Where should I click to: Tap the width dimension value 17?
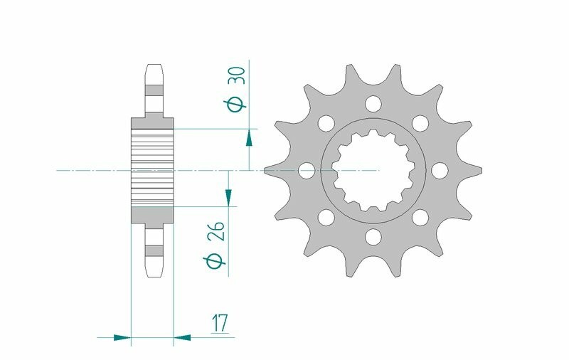point(218,324)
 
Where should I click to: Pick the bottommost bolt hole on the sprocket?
point(371,235)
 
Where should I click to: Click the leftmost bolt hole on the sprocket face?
point(307,170)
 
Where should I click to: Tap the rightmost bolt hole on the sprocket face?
point(439,170)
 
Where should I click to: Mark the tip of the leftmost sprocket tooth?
point(266,170)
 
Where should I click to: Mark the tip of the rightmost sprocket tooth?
point(482,170)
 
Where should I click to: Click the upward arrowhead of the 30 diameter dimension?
point(249,136)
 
